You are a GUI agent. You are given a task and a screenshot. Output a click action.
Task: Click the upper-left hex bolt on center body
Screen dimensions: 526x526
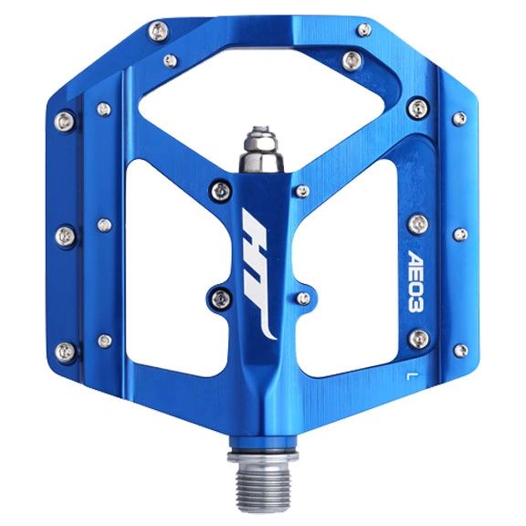click(x=218, y=190)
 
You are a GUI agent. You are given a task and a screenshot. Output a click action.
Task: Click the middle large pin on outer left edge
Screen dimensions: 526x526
click(x=64, y=235)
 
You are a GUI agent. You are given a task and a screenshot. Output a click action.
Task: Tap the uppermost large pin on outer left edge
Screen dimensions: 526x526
click(x=64, y=120)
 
